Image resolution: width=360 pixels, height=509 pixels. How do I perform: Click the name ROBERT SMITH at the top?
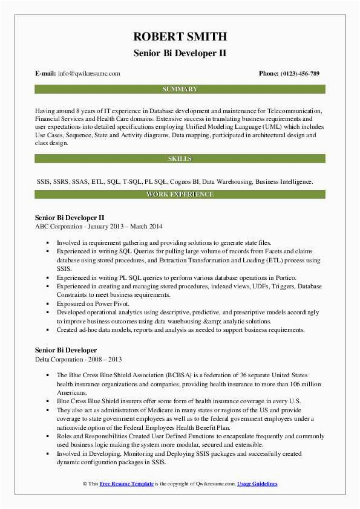(180, 35)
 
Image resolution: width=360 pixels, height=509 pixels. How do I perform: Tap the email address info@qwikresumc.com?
(90, 74)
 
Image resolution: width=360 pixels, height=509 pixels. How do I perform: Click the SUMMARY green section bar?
(180, 89)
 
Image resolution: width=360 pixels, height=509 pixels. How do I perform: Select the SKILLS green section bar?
(180, 158)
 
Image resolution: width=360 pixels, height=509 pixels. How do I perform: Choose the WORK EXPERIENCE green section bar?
(180, 194)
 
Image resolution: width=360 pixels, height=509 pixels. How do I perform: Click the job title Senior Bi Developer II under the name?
(180, 53)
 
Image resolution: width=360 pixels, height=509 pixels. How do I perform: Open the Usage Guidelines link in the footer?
(257, 484)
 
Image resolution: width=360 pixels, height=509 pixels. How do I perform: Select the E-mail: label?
(46, 74)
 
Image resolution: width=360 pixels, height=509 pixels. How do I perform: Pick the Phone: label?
(269, 74)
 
